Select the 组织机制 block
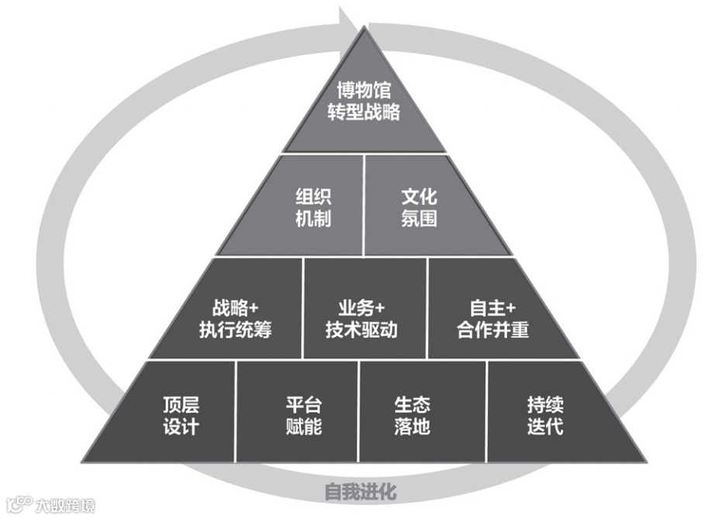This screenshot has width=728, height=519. pos(312,207)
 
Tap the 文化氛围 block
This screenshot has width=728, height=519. pos(419,207)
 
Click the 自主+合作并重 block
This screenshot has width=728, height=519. pos(492,318)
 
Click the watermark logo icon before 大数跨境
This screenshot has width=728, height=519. pos(17,505)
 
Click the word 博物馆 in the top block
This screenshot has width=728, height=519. pos(364,92)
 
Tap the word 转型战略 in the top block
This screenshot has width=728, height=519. pos(364,112)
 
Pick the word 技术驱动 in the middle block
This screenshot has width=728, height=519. pos(361,329)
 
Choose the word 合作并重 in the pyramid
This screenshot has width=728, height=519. pos(492,329)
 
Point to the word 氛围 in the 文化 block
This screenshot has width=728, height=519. pos(419,218)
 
